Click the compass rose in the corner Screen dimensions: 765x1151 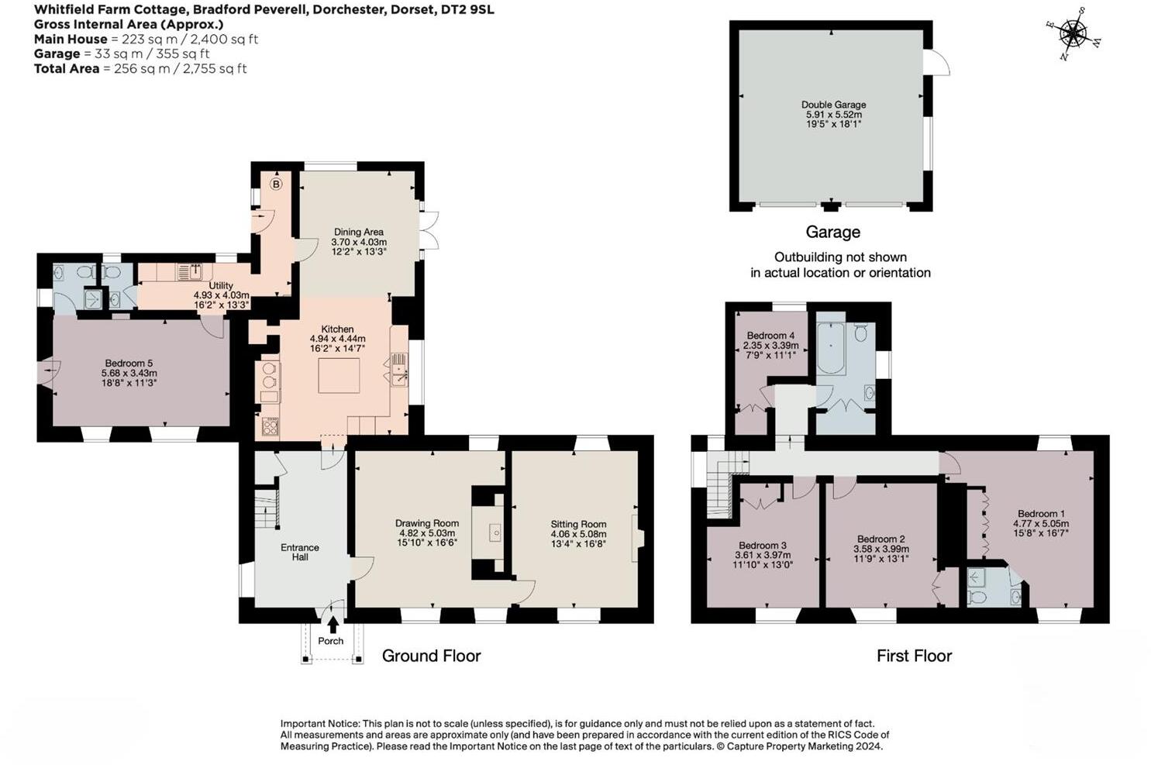pos(1073,33)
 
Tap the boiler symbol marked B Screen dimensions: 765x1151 pos(276,184)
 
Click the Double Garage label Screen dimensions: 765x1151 pos(833,105)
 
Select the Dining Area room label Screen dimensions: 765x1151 pos(358,232)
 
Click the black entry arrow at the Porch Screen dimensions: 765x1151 pos(333,624)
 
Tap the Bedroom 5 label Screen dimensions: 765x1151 pos(129,363)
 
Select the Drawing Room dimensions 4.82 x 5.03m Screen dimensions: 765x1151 pos(427,533)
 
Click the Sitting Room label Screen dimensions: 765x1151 pos(578,524)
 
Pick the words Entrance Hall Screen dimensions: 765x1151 pos(300,552)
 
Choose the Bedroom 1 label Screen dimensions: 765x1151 pos(1041,514)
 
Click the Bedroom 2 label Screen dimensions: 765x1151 pos(880,539)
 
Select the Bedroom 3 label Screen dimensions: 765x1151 pos(763,546)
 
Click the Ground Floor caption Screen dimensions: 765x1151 pos(431,656)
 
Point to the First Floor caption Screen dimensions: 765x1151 pos(914,656)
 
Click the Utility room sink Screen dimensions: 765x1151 pos(187,272)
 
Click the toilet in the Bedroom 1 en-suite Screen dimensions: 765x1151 pos(977,597)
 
